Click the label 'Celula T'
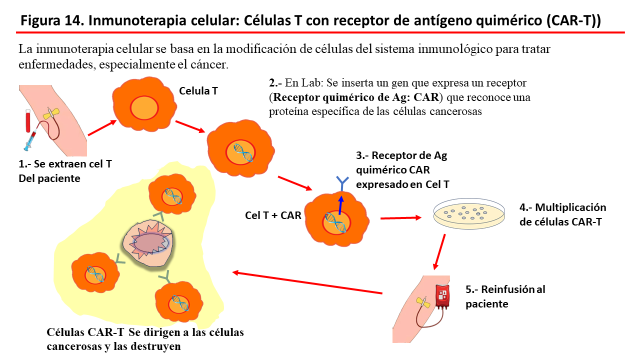pyautogui.click(x=198, y=91)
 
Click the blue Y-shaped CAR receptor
pyautogui.click(x=342, y=183)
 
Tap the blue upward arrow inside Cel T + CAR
pyautogui.click(x=340, y=205)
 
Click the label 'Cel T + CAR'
pyautogui.click(x=273, y=215)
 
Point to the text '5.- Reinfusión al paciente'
pyautogui.click(x=505, y=296)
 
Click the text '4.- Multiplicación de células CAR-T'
pyautogui.click(x=562, y=214)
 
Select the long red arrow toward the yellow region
pyautogui.click(x=307, y=282)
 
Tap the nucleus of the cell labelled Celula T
pyautogui.click(x=143, y=107)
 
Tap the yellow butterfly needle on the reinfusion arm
pyautogui.click(x=423, y=302)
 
